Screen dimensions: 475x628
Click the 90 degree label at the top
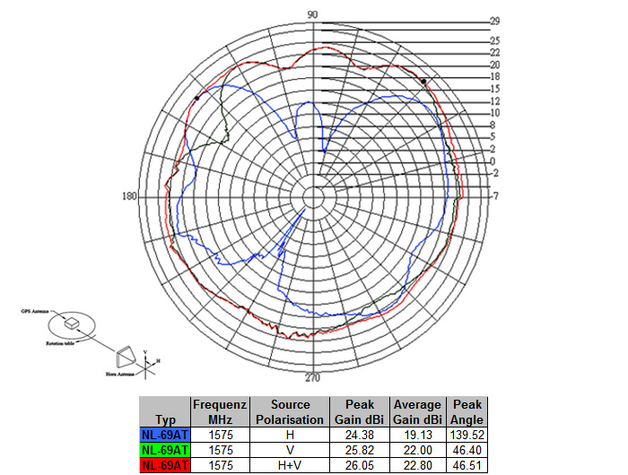(313, 14)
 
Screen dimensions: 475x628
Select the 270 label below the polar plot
(313, 377)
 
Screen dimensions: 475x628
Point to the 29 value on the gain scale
(494, 21)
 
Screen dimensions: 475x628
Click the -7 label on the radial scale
(494, 196)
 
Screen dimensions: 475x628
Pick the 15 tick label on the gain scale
(494, 89)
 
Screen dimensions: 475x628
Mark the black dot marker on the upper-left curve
(196, 98)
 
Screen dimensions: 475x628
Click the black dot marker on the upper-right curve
(423, 81)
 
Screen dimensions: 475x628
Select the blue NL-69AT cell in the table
(164, 434)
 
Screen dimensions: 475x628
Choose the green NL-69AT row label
(164, 449)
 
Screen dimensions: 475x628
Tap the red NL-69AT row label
(164, 464)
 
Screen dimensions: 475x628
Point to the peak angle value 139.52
(467, 434)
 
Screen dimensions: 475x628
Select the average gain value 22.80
(417, 464)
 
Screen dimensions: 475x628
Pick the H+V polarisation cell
(290, 464)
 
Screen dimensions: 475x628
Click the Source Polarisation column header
(290, 411)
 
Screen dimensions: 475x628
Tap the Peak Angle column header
(467, 411)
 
